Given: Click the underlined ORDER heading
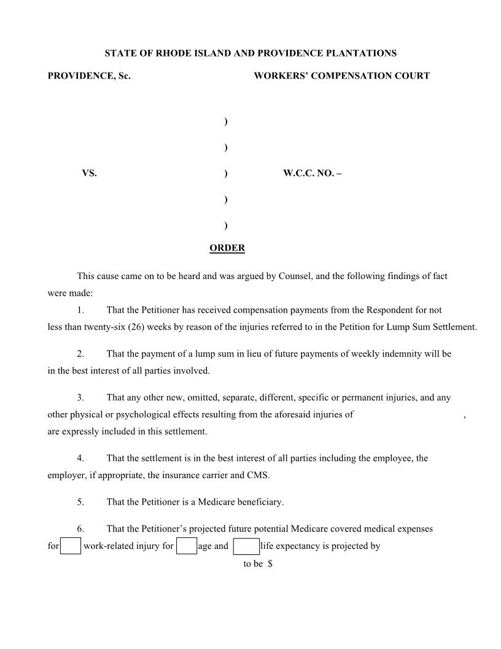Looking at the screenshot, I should point(227,248).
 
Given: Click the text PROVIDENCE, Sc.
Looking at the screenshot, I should point(89,76).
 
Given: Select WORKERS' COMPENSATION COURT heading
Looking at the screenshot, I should point(341,76).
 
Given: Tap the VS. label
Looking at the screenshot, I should point(89,174).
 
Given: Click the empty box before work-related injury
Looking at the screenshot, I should point(71,546).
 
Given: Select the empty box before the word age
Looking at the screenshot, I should point(187,546).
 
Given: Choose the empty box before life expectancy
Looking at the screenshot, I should point(246,546).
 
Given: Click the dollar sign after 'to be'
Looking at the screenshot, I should point(270,564).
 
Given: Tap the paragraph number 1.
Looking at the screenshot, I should point(80,310).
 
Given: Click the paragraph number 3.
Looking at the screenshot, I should point(80,398).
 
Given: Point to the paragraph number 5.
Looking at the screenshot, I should point(80,502).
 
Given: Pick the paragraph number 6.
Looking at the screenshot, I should point(80,529).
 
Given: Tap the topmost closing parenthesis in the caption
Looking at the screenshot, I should point(226,122).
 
